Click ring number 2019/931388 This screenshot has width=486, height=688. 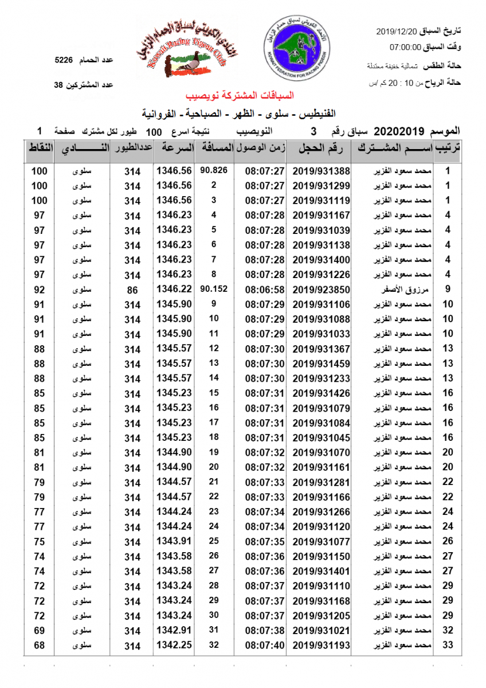(x=321, y=171)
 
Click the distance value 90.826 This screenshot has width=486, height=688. (x=214, y=170)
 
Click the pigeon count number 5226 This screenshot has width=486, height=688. (x=64, y=59)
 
